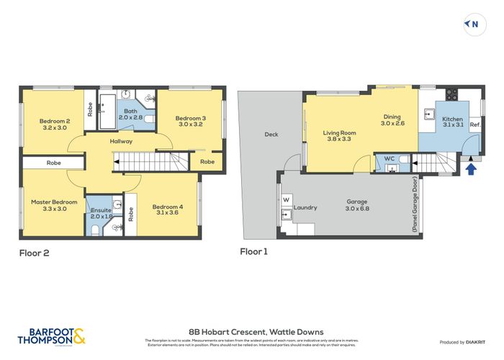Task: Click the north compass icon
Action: click(x=472, y=24)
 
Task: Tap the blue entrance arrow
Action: click(x=472, y=169)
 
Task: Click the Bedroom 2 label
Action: click(x=55, y=124)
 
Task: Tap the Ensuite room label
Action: click(x=101, y=212)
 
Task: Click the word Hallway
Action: click(x=120, y=141)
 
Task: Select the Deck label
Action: click(x=271, y=134)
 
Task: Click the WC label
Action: click(x=388, y=158)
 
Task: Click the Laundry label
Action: click(x=305, y=207)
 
